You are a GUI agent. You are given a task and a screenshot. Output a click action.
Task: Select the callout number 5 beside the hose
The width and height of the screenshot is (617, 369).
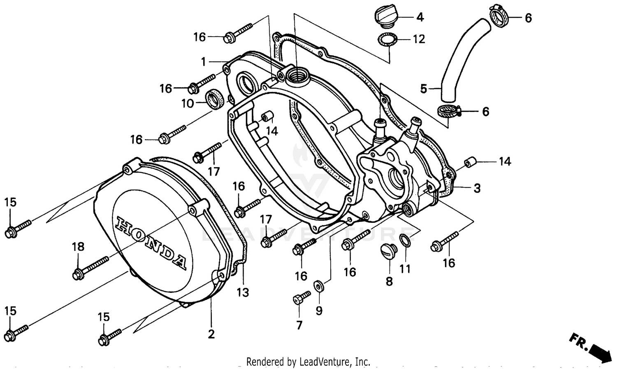(x=424, y=88)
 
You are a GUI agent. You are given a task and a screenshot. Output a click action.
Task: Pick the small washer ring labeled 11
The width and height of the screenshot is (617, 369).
(x=405, y=240)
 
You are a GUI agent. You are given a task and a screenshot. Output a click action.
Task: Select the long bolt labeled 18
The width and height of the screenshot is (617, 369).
(x=90, y=267)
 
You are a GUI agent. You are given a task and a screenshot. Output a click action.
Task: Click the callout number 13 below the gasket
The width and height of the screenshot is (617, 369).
(x=243, y=293)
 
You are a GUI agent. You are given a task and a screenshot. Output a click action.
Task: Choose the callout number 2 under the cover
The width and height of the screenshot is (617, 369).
(x=211, y=334)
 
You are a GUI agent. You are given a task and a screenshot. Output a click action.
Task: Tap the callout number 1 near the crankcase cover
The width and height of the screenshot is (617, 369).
(x=203, y=62)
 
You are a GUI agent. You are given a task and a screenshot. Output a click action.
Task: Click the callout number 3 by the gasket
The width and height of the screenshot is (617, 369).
(x=477, y=189)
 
